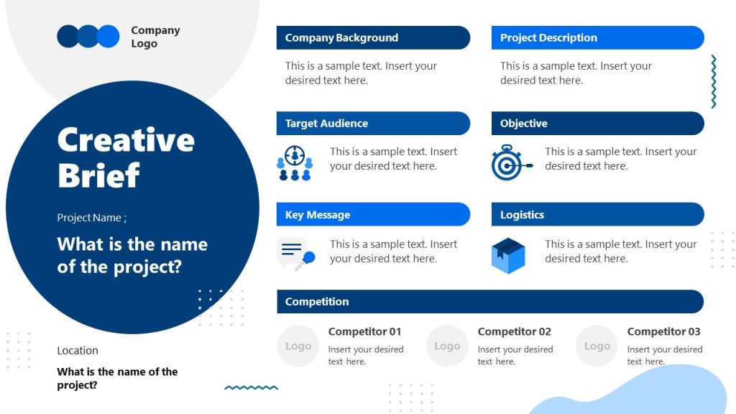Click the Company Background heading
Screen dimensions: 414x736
tap(341, 38)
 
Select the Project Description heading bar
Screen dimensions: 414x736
tap(548, 38)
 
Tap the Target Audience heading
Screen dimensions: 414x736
tap(326, 124)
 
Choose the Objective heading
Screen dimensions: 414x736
tap(524, 124)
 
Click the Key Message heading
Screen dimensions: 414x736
tap(318, 215)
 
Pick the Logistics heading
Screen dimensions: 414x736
tap(522, 215)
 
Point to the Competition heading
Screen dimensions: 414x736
tap(317, 302)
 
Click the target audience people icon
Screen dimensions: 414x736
tap(295, 163)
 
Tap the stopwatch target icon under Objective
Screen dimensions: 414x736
tap(510, 163)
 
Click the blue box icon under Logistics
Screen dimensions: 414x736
tap(508, 255)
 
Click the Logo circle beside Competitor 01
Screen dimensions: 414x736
tap(298, 346)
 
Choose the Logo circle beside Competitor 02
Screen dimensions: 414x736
tap(447, 346)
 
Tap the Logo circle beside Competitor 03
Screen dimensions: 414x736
tap(597, 346)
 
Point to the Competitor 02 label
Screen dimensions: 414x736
tap(514, 331)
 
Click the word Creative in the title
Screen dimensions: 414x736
tap(126, 139)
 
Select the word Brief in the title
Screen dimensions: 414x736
tap(98, 175)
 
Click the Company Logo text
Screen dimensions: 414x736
tap(155, 37)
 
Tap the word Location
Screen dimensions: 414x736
tap(78, 351)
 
